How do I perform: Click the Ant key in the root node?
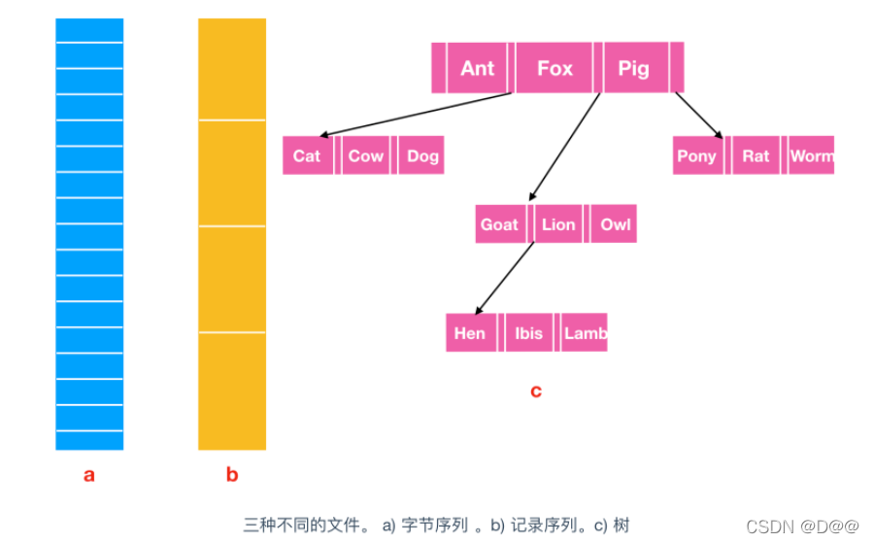pos(477,68)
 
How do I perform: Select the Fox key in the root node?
pos(555,68)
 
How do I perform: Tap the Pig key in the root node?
pos(633,68)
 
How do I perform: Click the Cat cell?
pos(307,155)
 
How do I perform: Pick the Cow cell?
pos(366,155)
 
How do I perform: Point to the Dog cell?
pos(422,155)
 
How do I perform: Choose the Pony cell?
pos(696,155)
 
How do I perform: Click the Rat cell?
pos(756,155)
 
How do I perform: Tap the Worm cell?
pos(812,155)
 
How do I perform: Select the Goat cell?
pos(499,224)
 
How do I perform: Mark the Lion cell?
pos(558,224)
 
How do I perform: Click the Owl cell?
pos(615,224)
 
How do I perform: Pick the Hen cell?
pos(470,333)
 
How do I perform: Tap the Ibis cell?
pos(529,333)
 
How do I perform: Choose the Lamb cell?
pos(586,333)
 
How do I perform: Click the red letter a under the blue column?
pos(89,475)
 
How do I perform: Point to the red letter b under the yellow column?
pos(232,475)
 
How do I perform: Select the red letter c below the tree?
pos(536,391)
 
